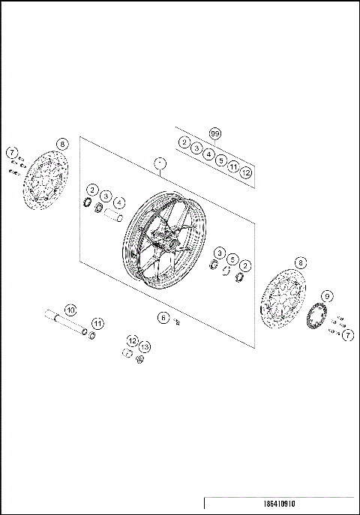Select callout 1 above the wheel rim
[158, 163]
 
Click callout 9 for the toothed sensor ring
[326, 297]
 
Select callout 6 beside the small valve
[163, 317]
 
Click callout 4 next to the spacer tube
[119, 202]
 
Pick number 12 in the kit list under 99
[246, 174]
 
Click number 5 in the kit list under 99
[220, 161]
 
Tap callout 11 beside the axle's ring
[98, 323]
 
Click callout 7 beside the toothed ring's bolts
[348, 334]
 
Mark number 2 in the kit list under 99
[184, 142]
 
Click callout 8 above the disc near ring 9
[301, 262]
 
